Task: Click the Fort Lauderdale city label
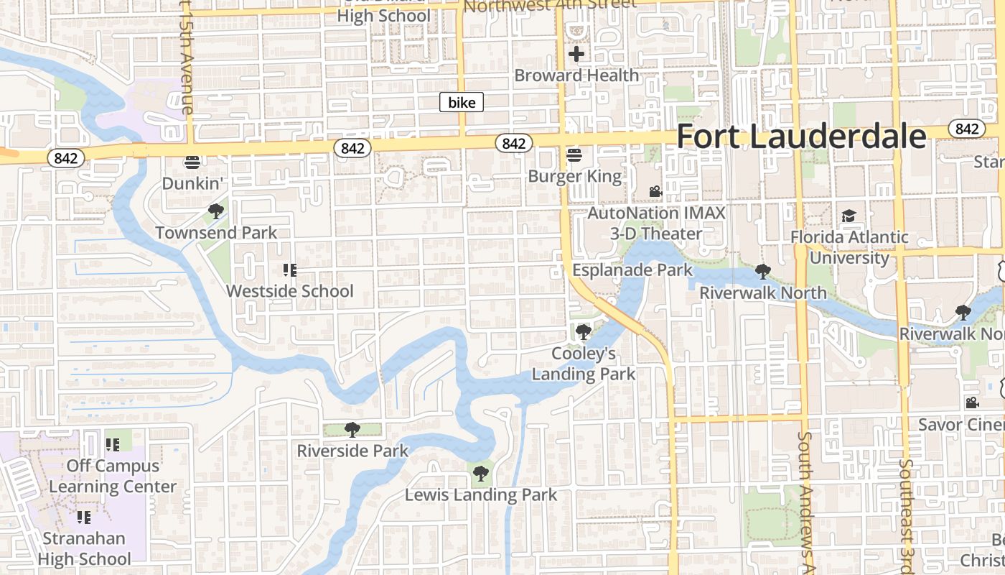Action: click(x=801, y=137)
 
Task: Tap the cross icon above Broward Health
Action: click(x=576, y=54)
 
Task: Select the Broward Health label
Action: click(x=576, y=75)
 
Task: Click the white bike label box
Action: click(x=462, y=103)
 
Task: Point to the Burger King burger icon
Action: click(x=574, y=155)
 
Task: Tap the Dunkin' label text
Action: click(x=191, y=183)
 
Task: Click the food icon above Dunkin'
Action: click(x=191, y=162)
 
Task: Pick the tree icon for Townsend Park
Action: click(x=215, y=211)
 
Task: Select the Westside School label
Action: click(x=290, y=291)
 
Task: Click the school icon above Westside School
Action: click(x=290, y=270)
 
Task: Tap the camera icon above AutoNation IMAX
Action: click(x=655, y=192)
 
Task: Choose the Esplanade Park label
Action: click(x=632, y=270)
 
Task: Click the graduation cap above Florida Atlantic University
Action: click(x=849, y=216)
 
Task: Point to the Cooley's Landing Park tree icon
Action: click(x=584, y=332)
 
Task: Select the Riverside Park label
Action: click(x=352, y=451)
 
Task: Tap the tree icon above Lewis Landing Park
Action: click(x=481, y=474)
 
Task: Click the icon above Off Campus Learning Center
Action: click(x=112, y=445)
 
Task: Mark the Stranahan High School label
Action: click(x=85, y=548)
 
